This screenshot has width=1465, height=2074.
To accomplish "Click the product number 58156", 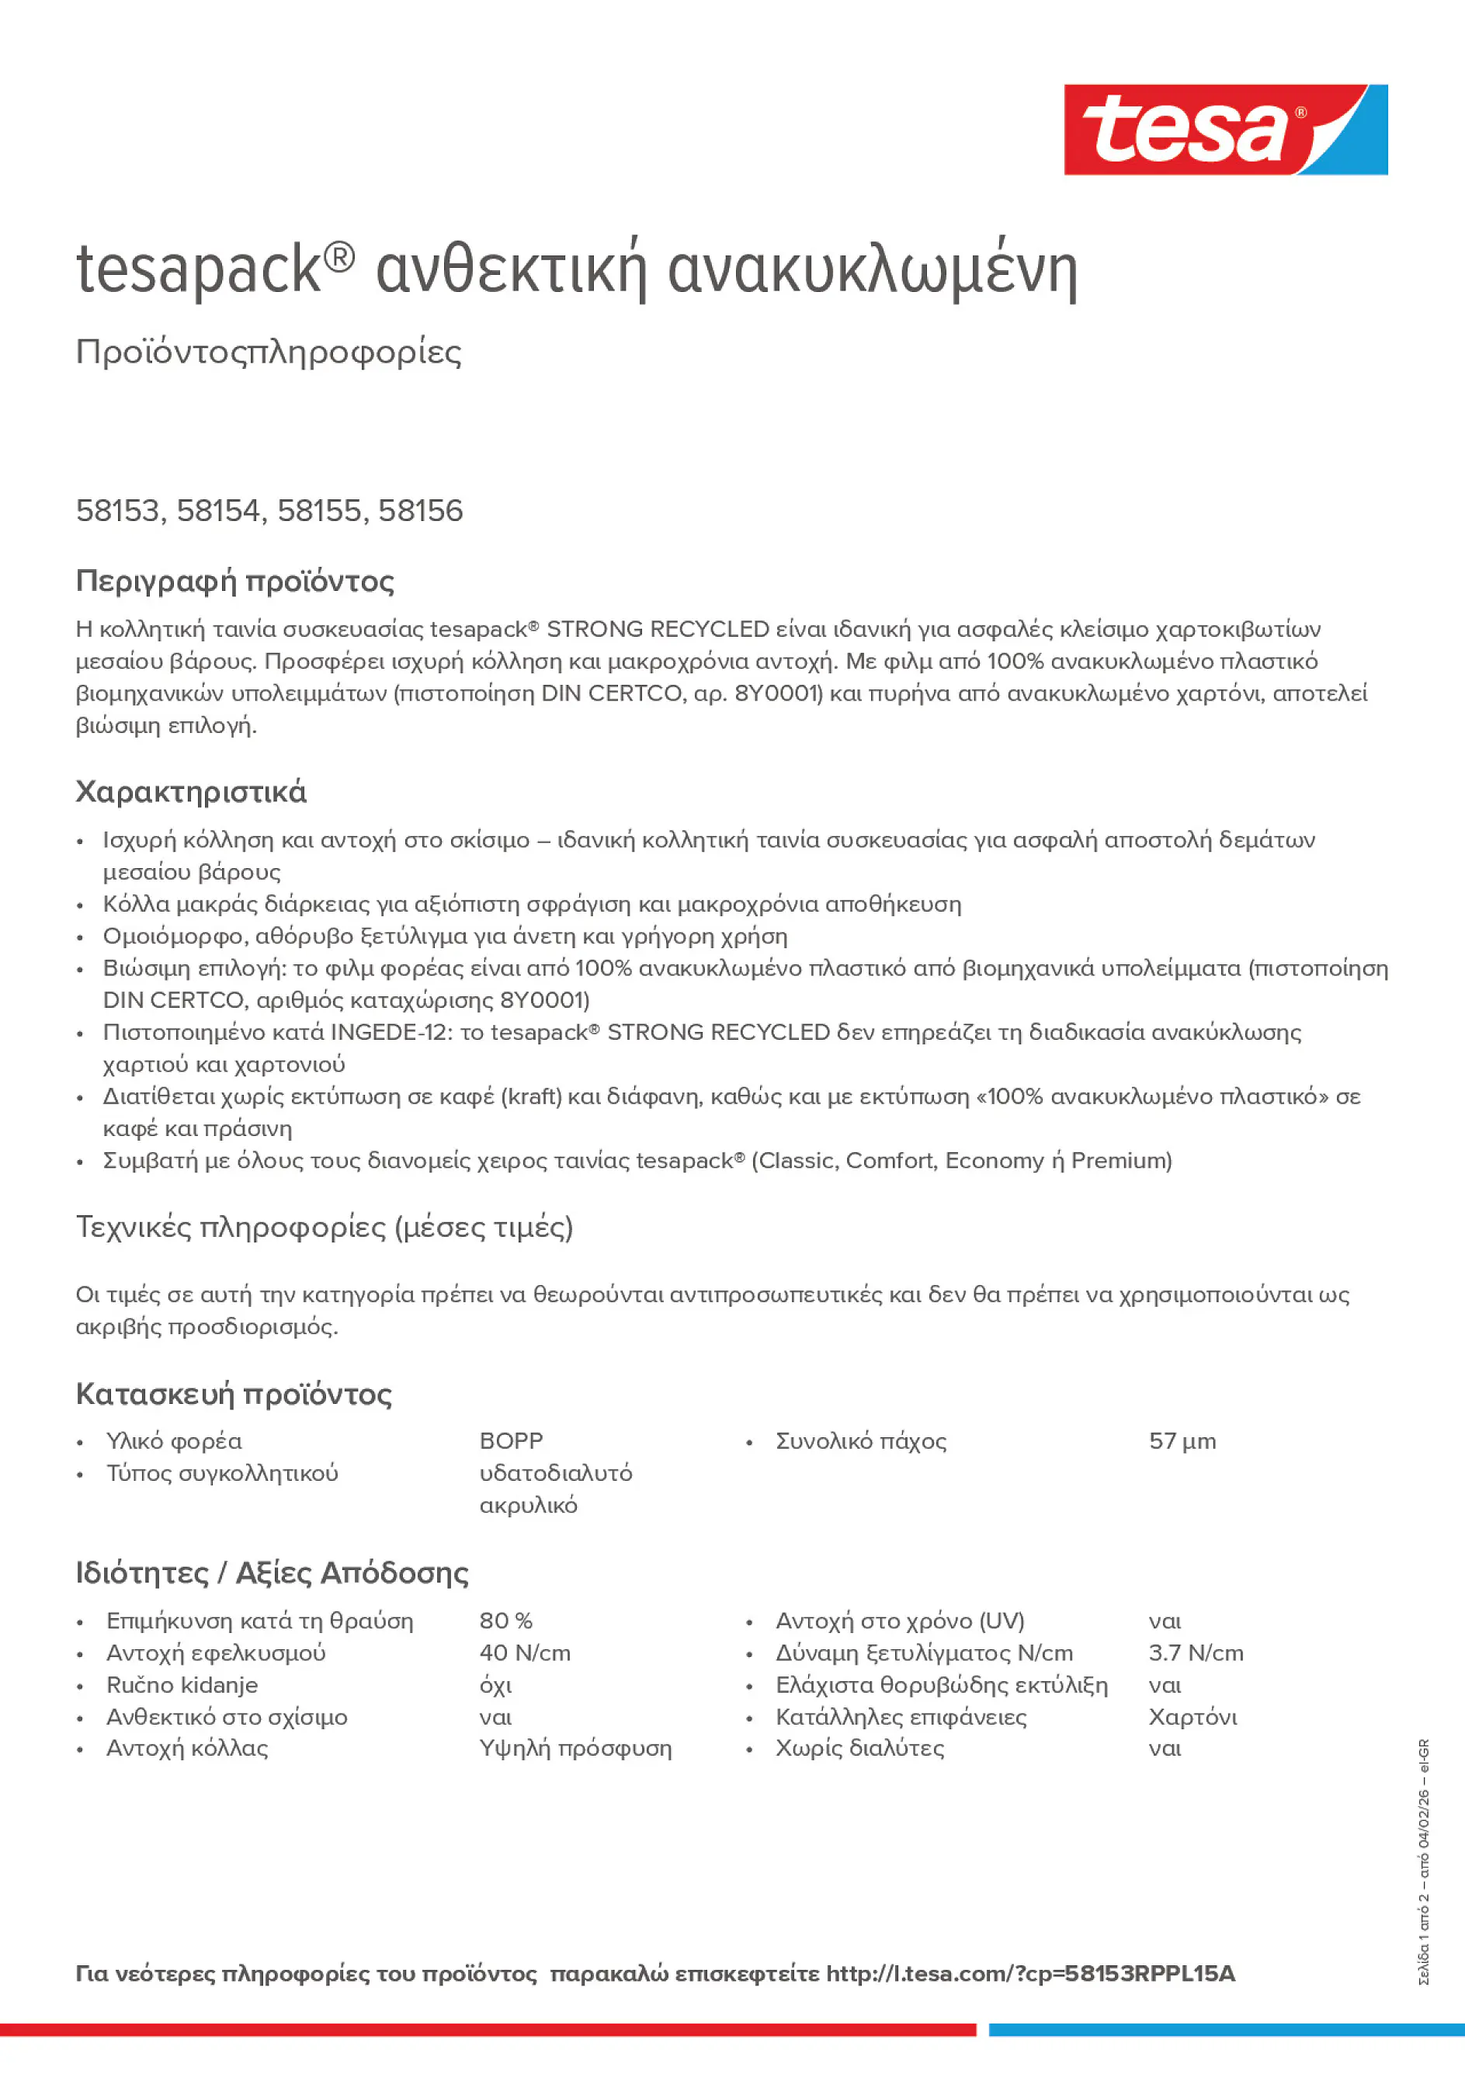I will pos(420,511).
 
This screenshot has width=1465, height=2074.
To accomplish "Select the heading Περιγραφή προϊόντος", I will pos(234,581).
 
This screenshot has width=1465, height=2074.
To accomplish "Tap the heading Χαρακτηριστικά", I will pos(192,792).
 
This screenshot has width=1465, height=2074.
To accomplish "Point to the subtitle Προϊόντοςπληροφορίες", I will pos(269,353).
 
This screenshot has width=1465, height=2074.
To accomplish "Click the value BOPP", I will pos(511,1441).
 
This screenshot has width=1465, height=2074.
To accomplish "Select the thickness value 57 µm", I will pos(1182,1441).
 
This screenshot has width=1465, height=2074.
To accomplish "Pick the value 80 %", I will pos(505,1621).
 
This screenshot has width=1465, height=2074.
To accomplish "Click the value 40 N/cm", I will pos(525,1653).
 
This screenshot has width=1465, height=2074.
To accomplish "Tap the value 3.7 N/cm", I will pos(1195,1653).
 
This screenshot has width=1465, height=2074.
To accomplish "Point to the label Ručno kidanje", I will pos(182,1685).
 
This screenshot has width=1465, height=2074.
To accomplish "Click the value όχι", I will pos(496,1686).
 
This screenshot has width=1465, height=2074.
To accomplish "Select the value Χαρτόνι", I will pos(1192,1717).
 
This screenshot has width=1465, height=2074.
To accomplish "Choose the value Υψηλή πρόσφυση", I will pos(575,1749).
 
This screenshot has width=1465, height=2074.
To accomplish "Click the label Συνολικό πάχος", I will pos(861,1441).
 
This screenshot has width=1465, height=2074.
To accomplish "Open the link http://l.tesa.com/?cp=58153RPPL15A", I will pos(1029,1974).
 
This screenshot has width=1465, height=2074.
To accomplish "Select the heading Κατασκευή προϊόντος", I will pos(234,1394).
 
